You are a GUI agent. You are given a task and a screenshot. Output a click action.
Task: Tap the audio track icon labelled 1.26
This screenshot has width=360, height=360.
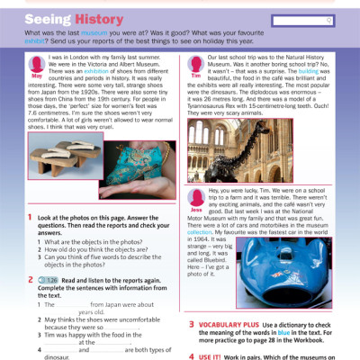pos(50,279)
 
